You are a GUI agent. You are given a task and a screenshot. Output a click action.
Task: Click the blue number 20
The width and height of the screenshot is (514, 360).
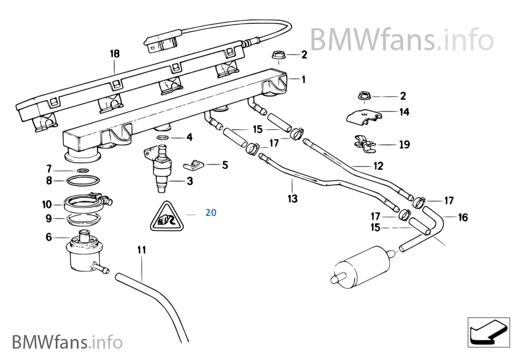tap(210, 213)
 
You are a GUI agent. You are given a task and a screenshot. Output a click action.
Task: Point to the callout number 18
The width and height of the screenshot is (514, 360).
tap(115, 54)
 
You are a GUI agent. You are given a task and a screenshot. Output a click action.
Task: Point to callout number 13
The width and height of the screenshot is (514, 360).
tap(292, 199)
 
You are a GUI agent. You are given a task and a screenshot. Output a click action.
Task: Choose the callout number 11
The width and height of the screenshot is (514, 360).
tap(141, 250)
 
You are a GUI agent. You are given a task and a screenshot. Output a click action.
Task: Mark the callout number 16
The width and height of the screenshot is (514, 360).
tap(463, 218)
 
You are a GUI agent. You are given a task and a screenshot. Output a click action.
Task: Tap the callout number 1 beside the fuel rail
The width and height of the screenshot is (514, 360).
tap(303, 80)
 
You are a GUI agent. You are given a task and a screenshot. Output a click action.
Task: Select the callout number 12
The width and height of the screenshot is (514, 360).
tap(378, 166)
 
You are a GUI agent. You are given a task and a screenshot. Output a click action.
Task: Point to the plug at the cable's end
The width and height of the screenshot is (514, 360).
tap(161, 42)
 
